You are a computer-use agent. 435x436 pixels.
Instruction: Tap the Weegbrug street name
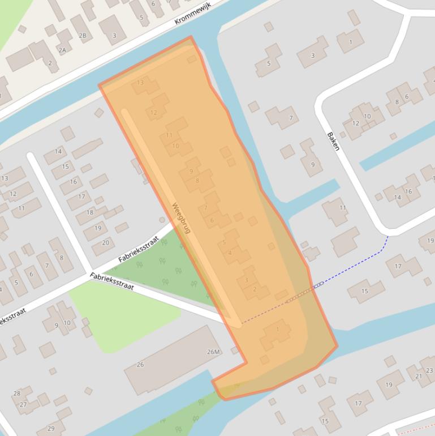click(182, 218)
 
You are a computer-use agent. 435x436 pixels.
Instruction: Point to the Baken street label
click(334, 141)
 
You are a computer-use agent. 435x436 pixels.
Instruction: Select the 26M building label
click(213, 352)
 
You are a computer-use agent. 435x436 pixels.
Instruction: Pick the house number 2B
click(83, 36)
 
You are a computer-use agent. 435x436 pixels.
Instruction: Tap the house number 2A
click(62, 50)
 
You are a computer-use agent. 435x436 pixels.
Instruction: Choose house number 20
click(105, 242)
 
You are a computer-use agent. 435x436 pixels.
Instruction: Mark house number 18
click(90, 213)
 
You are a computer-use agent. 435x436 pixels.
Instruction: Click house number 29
click(51, 428)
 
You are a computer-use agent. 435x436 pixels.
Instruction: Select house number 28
click(17, 394)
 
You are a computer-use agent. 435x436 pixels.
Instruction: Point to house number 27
click(23, 404)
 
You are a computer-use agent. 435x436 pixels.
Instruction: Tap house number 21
click(419, 376)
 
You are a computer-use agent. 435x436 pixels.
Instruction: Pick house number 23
click(430, 371)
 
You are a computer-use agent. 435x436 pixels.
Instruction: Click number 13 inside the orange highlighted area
click(140, 83)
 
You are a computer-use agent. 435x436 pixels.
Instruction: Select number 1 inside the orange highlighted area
click(278, 329)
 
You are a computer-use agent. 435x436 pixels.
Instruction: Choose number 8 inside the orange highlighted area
click(197, 181)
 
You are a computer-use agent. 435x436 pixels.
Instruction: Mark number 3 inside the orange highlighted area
click(246, 280)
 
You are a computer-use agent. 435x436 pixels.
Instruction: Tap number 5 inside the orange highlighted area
click(224, 242)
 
